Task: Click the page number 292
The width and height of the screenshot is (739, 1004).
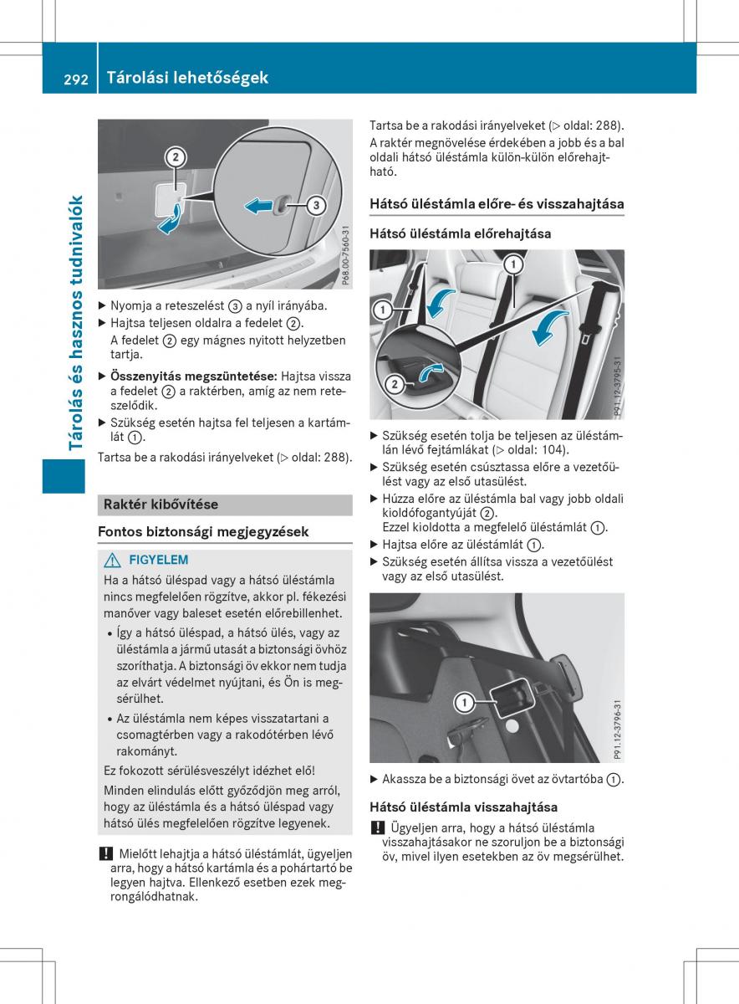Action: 76,79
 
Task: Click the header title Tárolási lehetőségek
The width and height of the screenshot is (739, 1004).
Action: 187,78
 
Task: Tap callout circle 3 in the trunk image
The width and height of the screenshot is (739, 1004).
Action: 316,205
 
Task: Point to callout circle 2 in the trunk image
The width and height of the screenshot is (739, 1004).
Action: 175,157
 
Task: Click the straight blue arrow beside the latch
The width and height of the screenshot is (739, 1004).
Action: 259,206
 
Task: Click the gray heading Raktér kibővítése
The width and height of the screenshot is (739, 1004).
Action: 161,505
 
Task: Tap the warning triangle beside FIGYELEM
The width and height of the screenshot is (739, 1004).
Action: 112,561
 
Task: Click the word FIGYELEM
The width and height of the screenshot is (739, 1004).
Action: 159,560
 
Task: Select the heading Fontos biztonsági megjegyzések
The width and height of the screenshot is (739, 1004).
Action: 203,532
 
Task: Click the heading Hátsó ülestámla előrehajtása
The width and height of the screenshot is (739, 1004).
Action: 461,233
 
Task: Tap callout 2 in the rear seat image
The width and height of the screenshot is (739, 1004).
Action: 395,384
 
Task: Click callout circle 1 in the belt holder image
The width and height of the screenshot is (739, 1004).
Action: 465,702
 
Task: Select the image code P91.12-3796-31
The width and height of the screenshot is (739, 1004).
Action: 618,730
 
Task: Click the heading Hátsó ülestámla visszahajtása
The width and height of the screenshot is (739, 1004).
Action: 464,807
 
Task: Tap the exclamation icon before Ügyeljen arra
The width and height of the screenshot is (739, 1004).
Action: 378,827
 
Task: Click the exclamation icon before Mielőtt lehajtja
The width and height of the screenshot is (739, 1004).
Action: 105,853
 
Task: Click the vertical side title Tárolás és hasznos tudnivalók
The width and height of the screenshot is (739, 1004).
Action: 75,323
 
